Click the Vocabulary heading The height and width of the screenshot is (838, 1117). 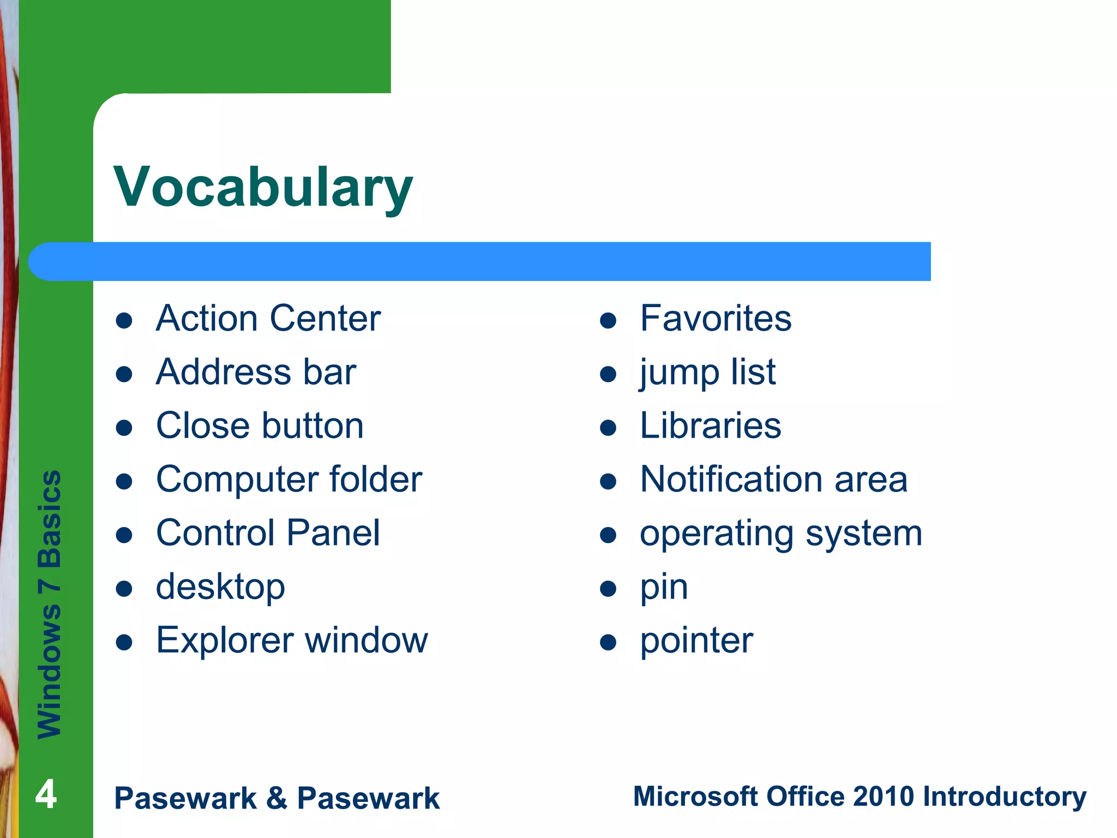[263, 187]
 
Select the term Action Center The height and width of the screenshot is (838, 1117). [268, 318]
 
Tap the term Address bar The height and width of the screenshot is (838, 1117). [256, 372]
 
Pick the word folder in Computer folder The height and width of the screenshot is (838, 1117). [376, 479]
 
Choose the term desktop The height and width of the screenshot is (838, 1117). [220, 587]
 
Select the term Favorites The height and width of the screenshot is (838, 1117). [715, 318]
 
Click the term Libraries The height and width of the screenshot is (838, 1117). [710, 426]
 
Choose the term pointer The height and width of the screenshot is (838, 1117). [696, 641]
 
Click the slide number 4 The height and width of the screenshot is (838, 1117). [46, 794]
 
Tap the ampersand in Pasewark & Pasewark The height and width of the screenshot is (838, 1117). [277, 798]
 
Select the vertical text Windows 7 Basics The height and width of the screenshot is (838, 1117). [50, 604]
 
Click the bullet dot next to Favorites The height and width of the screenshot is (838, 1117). [608, 320]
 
